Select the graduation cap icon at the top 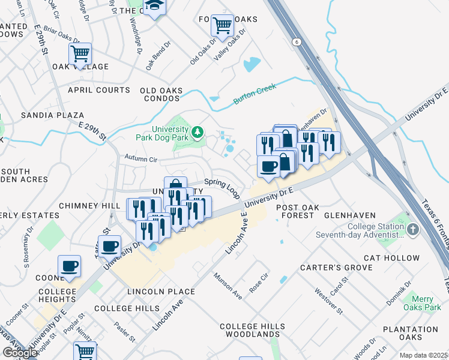pyautogui.click(x=154, y=6)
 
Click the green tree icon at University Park pyautogui.click(x=197, y=131)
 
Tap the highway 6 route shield pyautogui.click(x=296, y=41)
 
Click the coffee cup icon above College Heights pyautogui.click(x=69, y=266)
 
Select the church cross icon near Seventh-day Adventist pyautogui.click(x=412, y=230)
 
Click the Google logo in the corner pyautogui.click(x=20, y=353)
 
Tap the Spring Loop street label pyautogui.click(x=221, y=187)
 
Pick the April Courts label pyautogui.click(x=98, y=90)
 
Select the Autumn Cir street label pyautogui.click(x=140, y=160)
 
